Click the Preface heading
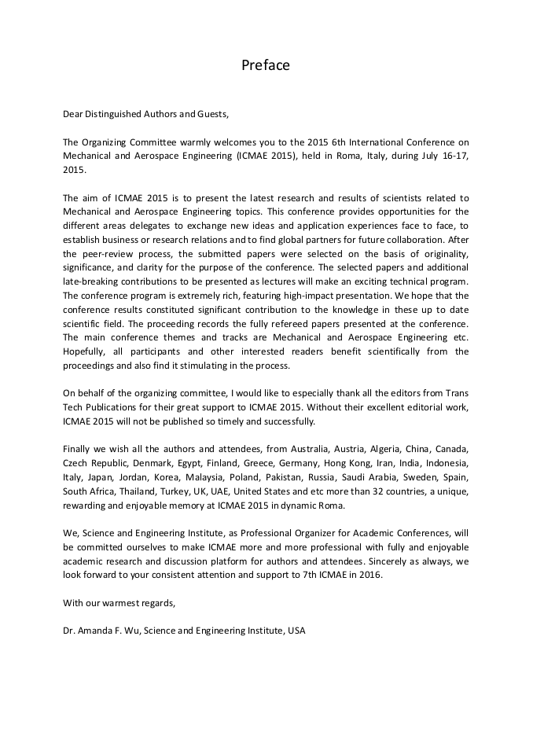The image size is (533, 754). (266, 65)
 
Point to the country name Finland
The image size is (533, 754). (217, 463)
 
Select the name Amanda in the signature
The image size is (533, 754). (95, 631)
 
